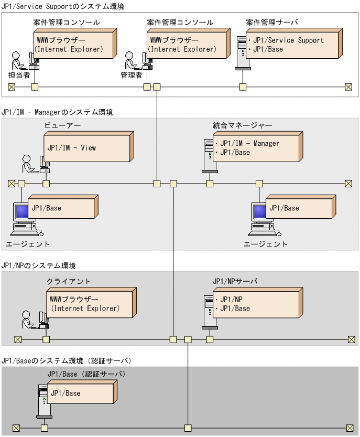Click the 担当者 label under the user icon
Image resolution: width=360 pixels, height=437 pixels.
pyautogui.click(x=19, y=75)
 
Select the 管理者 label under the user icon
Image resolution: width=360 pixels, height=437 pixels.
pyautogui.click(x=132, y=75)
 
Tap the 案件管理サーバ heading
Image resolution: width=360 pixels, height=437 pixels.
pyautogui.click(x=272, y=23)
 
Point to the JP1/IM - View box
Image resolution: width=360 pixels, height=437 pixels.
pyautogui.click(x=87, y=148)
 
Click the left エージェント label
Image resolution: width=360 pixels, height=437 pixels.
pyautogui.click(x=28, y=244)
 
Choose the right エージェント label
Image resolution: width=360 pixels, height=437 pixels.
pyautogui.click(x=266, y=244)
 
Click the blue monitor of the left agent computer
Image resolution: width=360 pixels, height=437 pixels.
pyautogui.click(x=22, y=212)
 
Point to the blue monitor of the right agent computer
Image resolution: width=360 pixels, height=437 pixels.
pyautogui.click(x=260, y=212)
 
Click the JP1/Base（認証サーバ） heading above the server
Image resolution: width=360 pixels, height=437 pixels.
pyautogui.click(x=86, y=374)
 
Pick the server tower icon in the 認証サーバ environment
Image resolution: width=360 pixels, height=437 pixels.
pyautogui.click(x=43, y=400)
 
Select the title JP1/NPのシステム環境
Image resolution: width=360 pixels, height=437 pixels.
pyautogui.click(x=39, y=266)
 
